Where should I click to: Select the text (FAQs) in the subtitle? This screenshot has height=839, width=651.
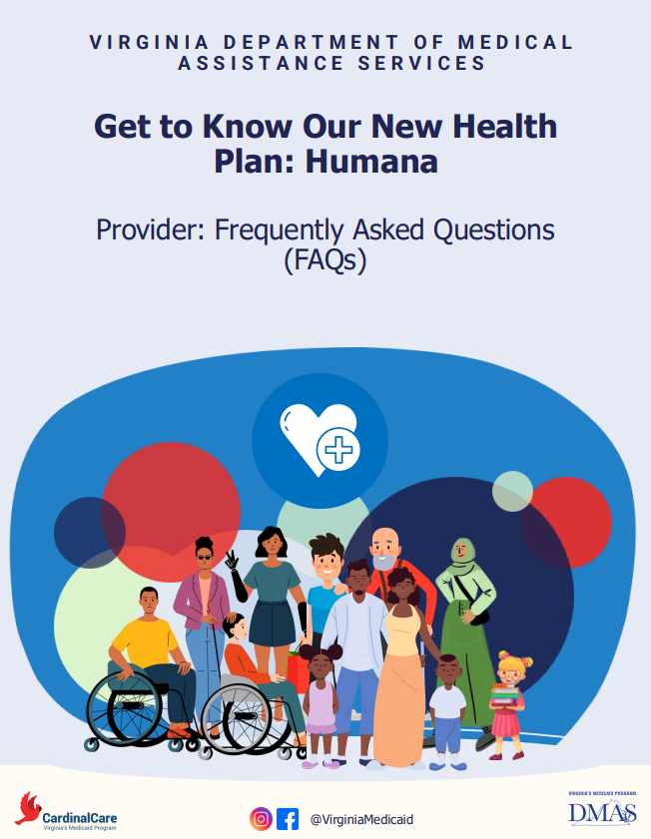pyautogui.click(x=325, y=261)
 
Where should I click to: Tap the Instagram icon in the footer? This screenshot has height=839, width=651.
pyautogui.click(x=261, y=818)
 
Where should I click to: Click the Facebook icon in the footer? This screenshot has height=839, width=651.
pyautogui.click(x=288, y=818)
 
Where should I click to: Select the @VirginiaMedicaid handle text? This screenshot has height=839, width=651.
pyautogui.click(x=361, y=819)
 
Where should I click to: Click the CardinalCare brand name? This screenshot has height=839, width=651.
pyautogui.click(x=80, y=814)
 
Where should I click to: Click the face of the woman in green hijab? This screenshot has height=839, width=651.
pyautogui.click(x=462, y=553)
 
